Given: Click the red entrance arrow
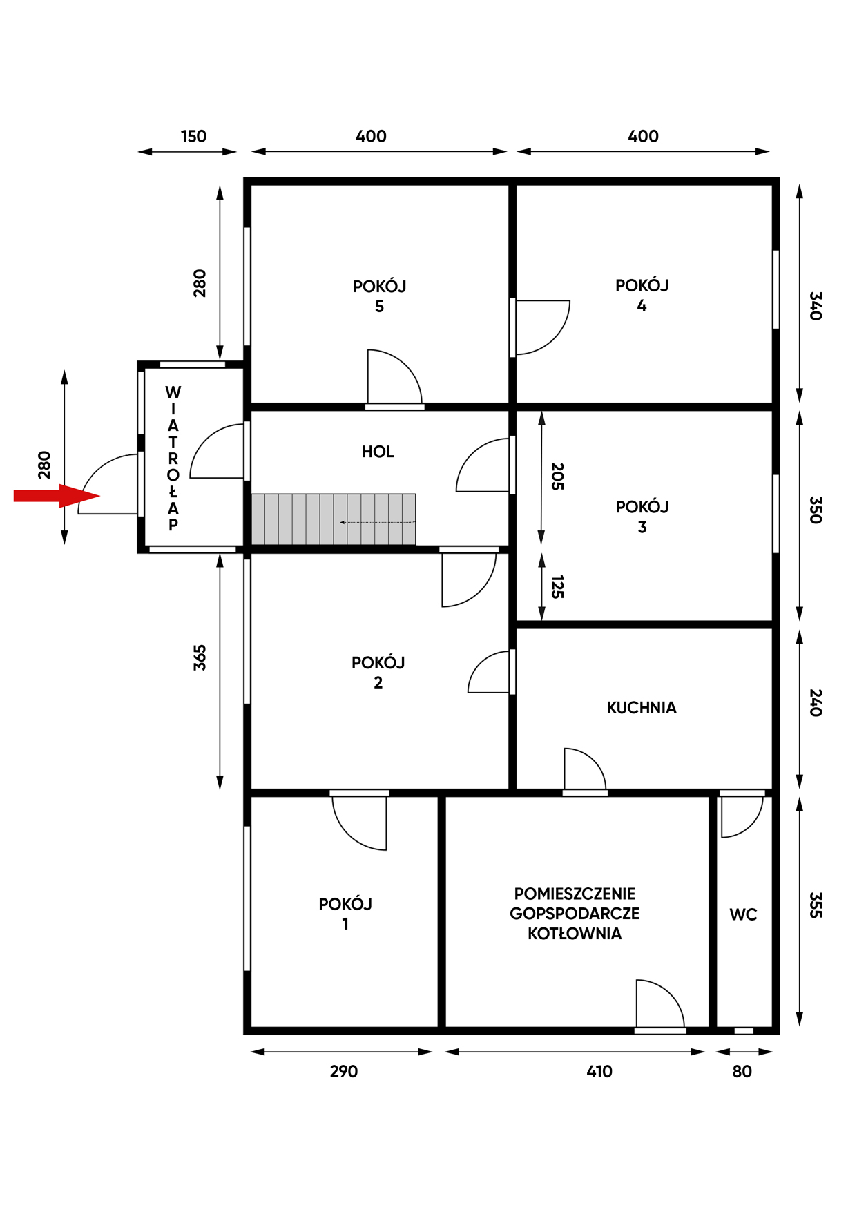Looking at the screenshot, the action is point(57,496).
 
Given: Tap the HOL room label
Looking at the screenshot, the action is point(378,452).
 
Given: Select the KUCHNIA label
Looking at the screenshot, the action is point(642,707).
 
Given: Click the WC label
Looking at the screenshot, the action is point(743,914).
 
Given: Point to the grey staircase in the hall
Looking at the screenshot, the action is point(334,519).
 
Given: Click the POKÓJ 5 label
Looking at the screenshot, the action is point(379,296).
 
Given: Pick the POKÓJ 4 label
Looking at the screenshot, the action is point(642,295).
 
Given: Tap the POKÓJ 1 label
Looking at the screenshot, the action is point(345,914).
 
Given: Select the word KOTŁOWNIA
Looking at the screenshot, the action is point(575,934).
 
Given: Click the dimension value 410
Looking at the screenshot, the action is point(599,1071).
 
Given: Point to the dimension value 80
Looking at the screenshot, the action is point(742,1071).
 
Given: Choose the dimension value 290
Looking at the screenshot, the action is point(344,1071).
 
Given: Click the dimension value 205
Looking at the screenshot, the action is point(557,477).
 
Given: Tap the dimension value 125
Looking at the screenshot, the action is point(557,587).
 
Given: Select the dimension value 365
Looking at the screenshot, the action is point(200,657).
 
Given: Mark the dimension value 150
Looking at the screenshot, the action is point(193,136).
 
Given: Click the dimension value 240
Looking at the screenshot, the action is point(816,702).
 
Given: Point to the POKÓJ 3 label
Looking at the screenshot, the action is point(642,517).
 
